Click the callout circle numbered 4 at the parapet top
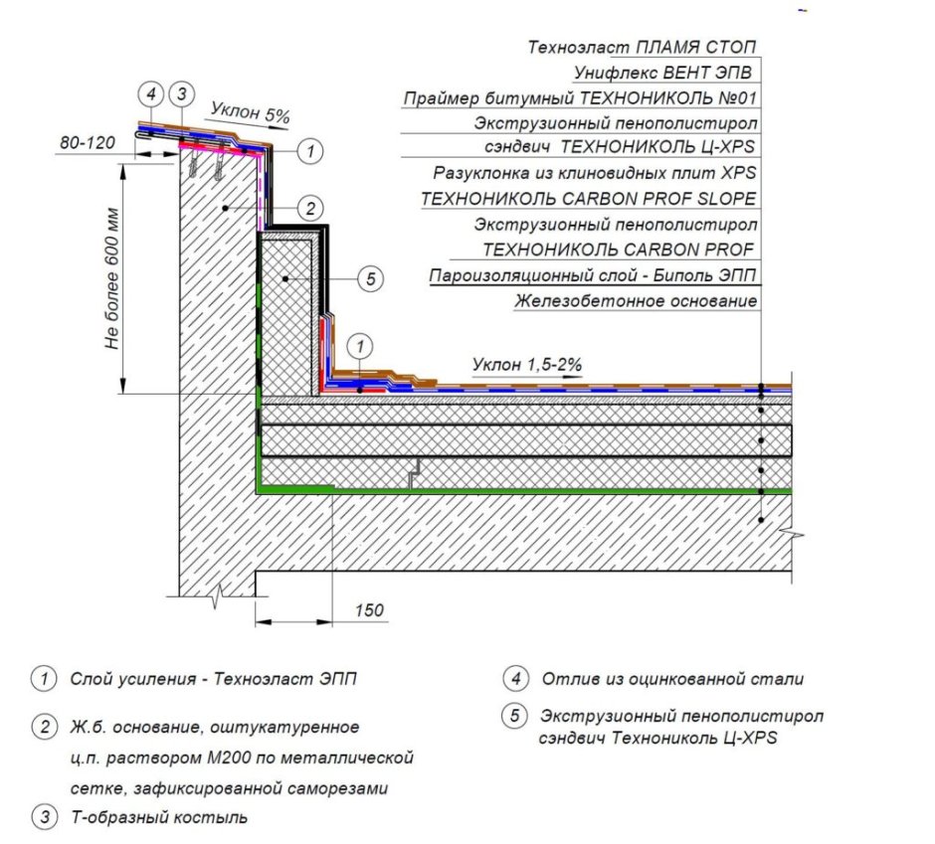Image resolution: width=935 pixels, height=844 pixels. [151, 94]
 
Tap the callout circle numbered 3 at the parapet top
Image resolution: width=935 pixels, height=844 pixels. [182, 94]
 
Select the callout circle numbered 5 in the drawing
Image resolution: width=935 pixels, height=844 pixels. [370, 278]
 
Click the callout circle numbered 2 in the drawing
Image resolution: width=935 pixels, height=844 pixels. [310, 208]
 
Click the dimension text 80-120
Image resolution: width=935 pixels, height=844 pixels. [88, 142]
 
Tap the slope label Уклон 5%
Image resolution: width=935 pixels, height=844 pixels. [251, 112]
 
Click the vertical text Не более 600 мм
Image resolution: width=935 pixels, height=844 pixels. [112, 278]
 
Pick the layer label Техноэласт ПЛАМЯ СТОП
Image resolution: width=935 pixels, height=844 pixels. [642, 47]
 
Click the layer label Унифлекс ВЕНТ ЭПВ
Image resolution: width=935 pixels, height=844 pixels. [662, 73]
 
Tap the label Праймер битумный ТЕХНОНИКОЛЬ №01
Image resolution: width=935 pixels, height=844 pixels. [580, 97]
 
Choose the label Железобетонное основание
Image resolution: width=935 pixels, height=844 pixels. [636, 301]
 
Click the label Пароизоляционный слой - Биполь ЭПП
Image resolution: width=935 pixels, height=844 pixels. [593, 275]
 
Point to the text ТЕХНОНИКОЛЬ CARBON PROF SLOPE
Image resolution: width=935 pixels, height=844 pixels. [589, 199]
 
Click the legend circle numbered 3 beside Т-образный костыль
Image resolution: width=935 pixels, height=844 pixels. [45, 816]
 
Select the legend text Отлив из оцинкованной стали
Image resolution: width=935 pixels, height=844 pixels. [672, 679]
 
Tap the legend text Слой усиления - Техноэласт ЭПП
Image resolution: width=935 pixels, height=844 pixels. [214, 679]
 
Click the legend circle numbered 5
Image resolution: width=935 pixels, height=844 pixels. [515, 715]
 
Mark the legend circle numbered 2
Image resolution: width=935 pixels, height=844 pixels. [45, 727]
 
